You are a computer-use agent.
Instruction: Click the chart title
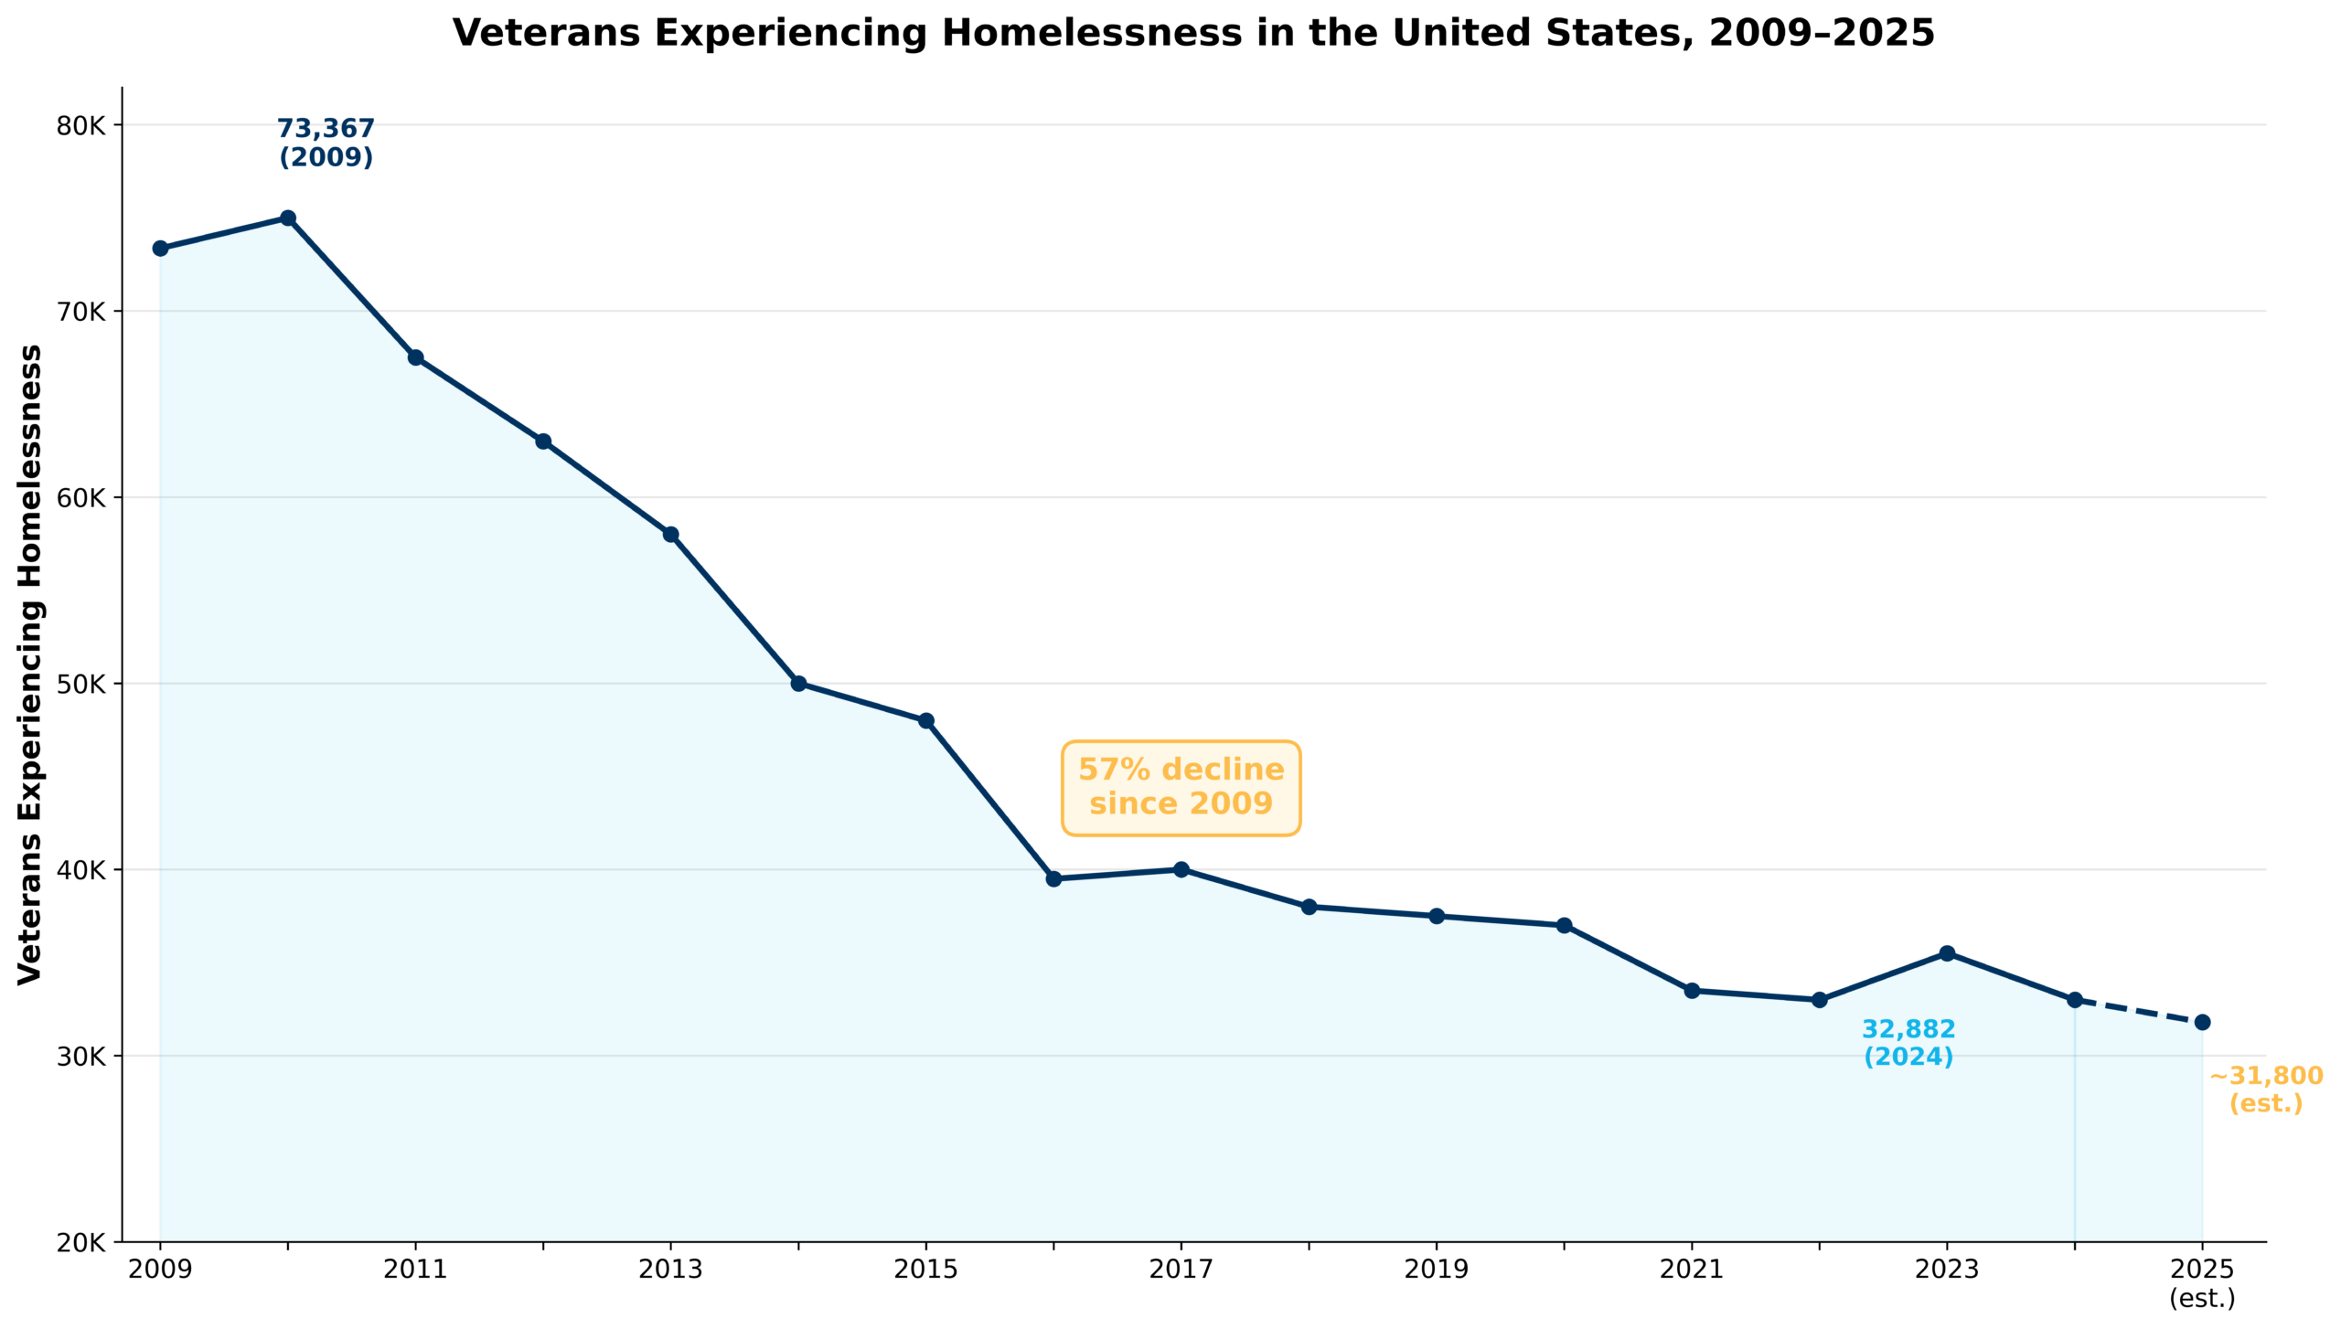coord(1193,34)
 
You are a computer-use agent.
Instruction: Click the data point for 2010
coord(288,218)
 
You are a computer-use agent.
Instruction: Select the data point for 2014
coord(798,683)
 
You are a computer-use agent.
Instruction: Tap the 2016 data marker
coord(1053,878)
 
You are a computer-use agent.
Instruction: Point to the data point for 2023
coord(1947,953)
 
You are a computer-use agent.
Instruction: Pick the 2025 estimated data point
coord(2202,1022)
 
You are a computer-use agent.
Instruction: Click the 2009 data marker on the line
coord(160,249)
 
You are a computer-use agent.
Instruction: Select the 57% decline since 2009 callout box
coord(1181,787)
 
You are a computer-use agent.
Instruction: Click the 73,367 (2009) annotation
coord(326,143)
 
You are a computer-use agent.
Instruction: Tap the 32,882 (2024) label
coord(1908,1042)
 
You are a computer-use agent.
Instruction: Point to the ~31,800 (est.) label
coord(2265,1089)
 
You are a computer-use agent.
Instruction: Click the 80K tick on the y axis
coord(81,125)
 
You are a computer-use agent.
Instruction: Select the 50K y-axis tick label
coord(81,684)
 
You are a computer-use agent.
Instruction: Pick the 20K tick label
coord(81,1242)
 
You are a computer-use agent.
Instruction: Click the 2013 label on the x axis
coord(670,1270)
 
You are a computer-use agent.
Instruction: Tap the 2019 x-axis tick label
coord(1436,1270)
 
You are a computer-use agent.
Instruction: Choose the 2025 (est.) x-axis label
coord(2202,1282)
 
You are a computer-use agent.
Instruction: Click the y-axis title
coord(30,664)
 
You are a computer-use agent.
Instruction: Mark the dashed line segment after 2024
coord(2138,1011)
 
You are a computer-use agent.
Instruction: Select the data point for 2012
coord(543,441)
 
